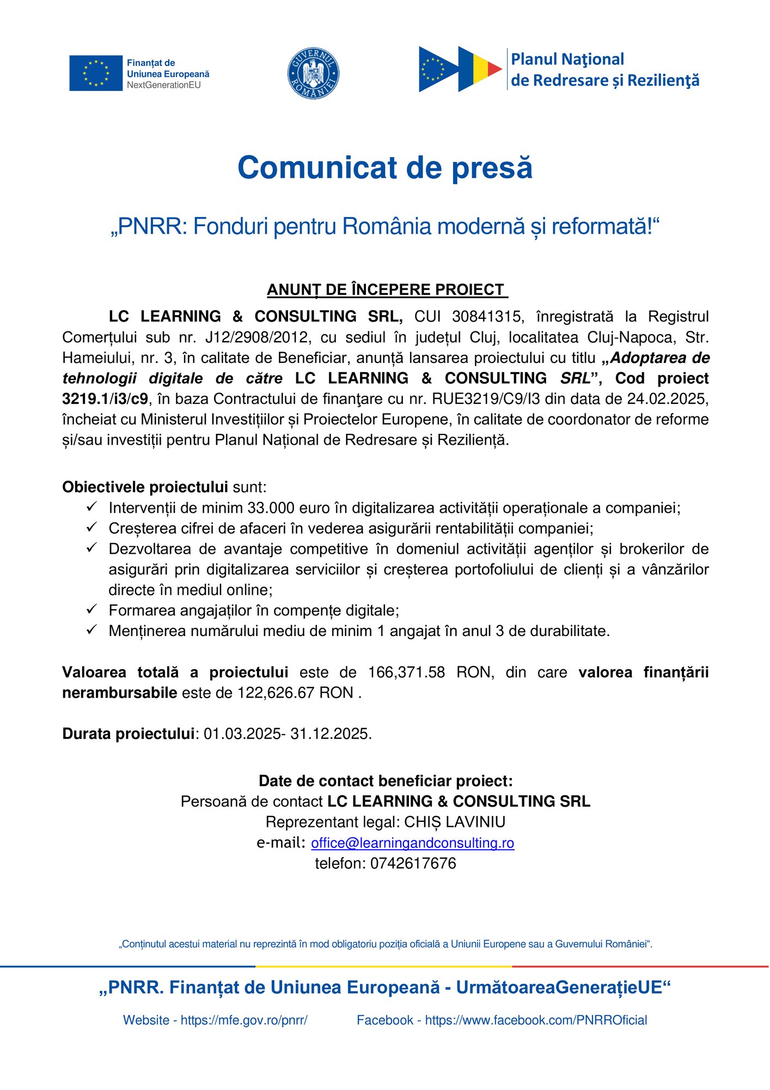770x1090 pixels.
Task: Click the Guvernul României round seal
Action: tap(313, 73)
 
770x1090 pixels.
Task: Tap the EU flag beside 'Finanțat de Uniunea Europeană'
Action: tap(96, 73)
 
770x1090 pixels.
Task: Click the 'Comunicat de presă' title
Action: tap(385, 167)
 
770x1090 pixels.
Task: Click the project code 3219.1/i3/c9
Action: tap(105, 399)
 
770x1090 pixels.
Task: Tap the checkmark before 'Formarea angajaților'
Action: tap(91, 609)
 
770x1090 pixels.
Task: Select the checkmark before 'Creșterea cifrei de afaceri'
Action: tap(91, 527)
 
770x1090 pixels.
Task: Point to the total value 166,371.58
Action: tap(407, 673)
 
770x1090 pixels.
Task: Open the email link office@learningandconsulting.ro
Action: tap(412, 843)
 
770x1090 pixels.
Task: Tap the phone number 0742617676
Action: tap(413, 864)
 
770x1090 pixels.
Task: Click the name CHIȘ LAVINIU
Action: tap(455, 822)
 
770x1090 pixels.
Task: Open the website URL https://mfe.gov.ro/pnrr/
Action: tap(244, 1020)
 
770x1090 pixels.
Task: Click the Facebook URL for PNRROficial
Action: tap(536, 1020)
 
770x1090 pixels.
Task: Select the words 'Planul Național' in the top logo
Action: tap(567, 59)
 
